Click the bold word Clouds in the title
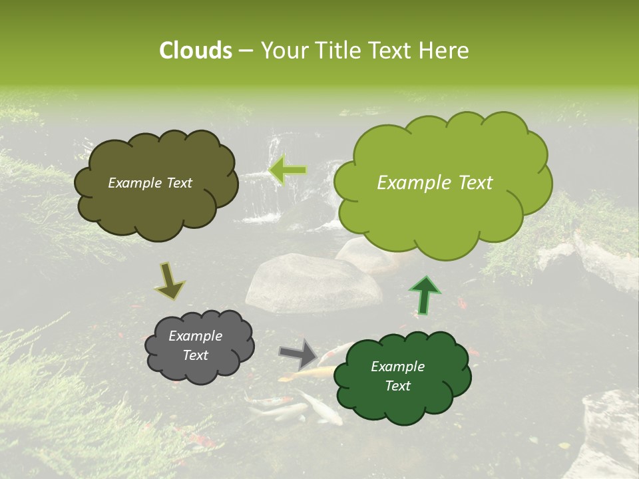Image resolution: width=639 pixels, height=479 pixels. (x=195, y=51)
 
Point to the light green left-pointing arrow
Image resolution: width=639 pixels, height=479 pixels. (x=288, y=170)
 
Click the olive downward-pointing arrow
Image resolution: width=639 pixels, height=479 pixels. (x=169, y=280)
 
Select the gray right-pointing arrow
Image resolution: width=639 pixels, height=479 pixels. (x=298, y=353)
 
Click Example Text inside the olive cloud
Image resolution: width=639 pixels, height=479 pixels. (x=150, y=183)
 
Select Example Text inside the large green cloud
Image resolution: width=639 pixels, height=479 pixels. (x=435, y=183)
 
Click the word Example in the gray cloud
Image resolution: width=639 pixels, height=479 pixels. (x=195, y=336)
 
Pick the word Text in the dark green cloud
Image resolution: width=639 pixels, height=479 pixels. (x=397, y=386)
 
